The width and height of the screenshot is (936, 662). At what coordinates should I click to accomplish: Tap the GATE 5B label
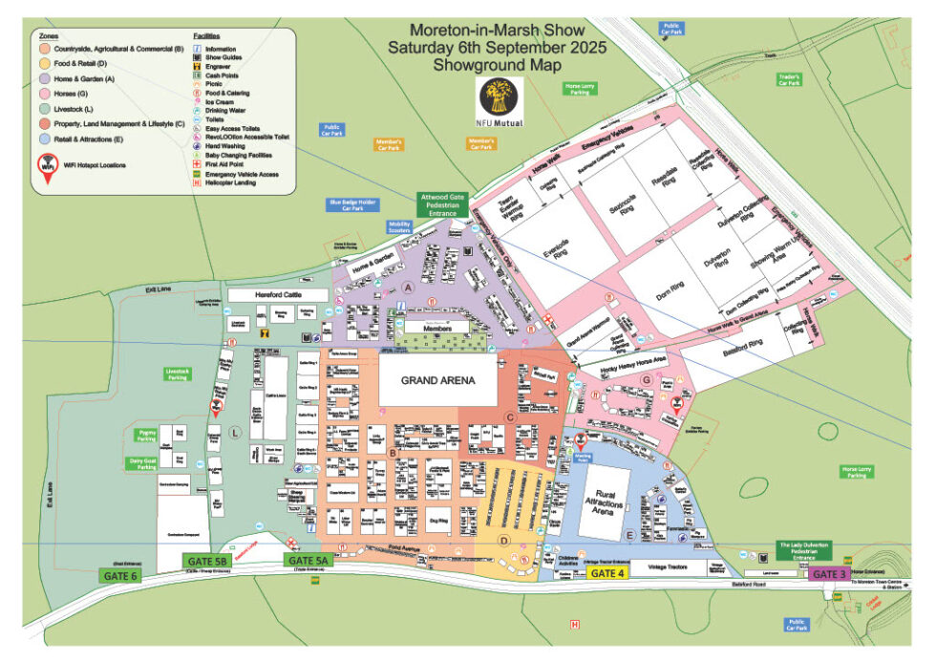pos(206,562)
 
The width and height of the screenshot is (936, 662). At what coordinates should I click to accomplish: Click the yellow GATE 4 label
pos(607,573)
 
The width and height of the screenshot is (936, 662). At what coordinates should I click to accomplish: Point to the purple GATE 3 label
pos(828,574)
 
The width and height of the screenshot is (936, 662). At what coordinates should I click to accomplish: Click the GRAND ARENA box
pos(438,380)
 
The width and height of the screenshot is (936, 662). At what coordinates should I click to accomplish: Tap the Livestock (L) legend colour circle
pos(45,110)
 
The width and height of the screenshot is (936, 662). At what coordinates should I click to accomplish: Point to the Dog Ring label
pos(438,521)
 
